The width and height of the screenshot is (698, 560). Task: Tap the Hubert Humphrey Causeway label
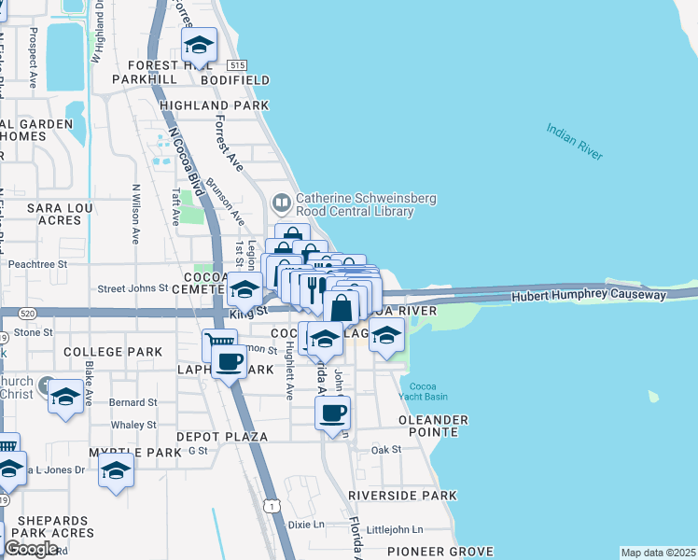coord(589,295)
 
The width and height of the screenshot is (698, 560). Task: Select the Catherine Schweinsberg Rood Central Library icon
coord(281,203)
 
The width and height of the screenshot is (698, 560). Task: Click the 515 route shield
coord(236,63)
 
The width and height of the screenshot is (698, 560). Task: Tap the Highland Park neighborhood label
coord(214,106)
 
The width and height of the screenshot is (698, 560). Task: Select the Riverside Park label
coord(402,496)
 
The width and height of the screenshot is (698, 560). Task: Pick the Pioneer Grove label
coord(414,552)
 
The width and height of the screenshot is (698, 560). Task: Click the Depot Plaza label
coord(222,437)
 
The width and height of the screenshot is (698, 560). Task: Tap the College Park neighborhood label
coord(113,352)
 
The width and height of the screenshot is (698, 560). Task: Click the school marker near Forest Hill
coord(199,45)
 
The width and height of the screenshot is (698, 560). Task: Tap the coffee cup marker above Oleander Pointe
coord(332,412)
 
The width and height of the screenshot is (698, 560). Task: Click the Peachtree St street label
coord(38,264)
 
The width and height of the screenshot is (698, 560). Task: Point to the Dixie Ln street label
coord(305,525)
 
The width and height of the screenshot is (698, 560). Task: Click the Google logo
coord(31,549)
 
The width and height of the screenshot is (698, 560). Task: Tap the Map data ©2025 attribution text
coord(658,553)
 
